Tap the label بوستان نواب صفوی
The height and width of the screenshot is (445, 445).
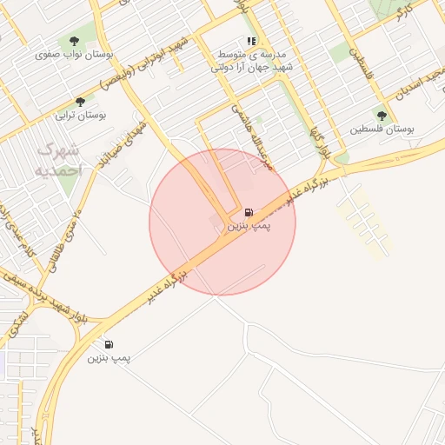tap(75, 54)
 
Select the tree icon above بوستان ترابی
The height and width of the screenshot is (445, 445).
tap(80, 101)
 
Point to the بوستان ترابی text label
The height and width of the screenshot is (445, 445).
tap(80, 115)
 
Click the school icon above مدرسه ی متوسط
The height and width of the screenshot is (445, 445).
tap(251, 41)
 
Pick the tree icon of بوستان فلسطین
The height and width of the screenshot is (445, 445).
tap(382, 115)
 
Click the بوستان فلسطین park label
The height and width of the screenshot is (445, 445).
tap(382, 129)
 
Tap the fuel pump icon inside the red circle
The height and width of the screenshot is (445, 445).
tap(249, 212)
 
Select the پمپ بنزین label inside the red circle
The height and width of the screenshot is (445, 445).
tap(249, 226)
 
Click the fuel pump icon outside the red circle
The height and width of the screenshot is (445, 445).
tap(109, 344)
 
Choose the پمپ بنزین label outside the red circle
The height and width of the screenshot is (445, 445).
tap(109, 358)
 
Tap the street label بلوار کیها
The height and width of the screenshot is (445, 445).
tap(321, 136)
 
